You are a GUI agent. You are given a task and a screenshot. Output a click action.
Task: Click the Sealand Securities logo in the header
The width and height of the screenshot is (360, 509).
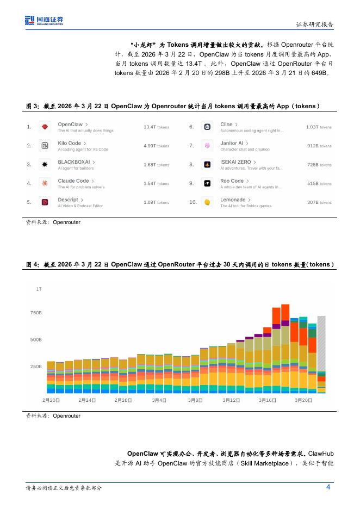pyautogui.click(x=44, y=20)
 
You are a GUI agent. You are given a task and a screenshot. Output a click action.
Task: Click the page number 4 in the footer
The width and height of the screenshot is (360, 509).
pyautogui.click(x=328, y=487)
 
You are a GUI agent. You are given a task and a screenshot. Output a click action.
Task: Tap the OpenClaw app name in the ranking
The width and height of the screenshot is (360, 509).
pyautogui.click(x=70, y=125)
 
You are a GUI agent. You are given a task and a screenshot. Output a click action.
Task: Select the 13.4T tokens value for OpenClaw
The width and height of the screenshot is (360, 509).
pyautogui.click(x=156, y=127)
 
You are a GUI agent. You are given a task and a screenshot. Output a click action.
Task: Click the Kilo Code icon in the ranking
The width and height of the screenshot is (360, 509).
pyautogui.click(x=45, y=146)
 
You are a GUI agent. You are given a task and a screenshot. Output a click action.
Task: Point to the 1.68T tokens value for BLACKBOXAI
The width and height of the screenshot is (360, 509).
pyautogui.click(x=156, y=165)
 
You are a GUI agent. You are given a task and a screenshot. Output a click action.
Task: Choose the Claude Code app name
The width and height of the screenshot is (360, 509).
pyautogui.click(x=73, y=181)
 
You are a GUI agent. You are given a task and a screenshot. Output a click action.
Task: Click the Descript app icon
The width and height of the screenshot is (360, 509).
pyautogui.click(x=45, y=202)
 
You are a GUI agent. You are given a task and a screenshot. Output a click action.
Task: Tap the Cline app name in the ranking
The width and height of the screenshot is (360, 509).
pyautogui.click(x=226, y=125)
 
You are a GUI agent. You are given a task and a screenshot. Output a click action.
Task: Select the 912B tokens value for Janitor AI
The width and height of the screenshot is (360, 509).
pyautogui.click(x=319, y=146)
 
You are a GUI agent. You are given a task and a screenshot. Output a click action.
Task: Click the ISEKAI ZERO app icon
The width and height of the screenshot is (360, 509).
pyautogui.click(x=207, y=165)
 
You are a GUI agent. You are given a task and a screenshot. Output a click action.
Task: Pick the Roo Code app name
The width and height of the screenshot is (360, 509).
pyautogui.click(x=232, y=181)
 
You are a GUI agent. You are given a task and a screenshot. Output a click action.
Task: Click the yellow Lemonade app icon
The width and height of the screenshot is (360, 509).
pyautogui.click(x=207, y=202)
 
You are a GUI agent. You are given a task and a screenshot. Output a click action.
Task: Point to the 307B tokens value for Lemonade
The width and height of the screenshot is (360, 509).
pyautogui.click(x=319, y=202)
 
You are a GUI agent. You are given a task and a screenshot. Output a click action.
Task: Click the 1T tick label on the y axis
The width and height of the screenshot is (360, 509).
pyautogui.click(x=39, y=289)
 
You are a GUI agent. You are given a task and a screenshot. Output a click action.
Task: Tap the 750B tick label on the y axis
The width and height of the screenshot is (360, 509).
pyautogui.click(x=36, y=313)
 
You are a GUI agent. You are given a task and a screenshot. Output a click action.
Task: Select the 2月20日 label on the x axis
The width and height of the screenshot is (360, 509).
pyautogui.click(x=51, y=400)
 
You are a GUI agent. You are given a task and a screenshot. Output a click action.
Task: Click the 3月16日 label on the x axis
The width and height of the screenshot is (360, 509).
pyautogui.click(x=267, y=400)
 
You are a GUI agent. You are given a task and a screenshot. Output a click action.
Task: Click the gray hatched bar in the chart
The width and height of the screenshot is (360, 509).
pyautogui.click(x=321, y=344)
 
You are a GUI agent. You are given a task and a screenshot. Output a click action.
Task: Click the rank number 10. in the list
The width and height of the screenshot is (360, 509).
pyautogui.click(x=193, y=202)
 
